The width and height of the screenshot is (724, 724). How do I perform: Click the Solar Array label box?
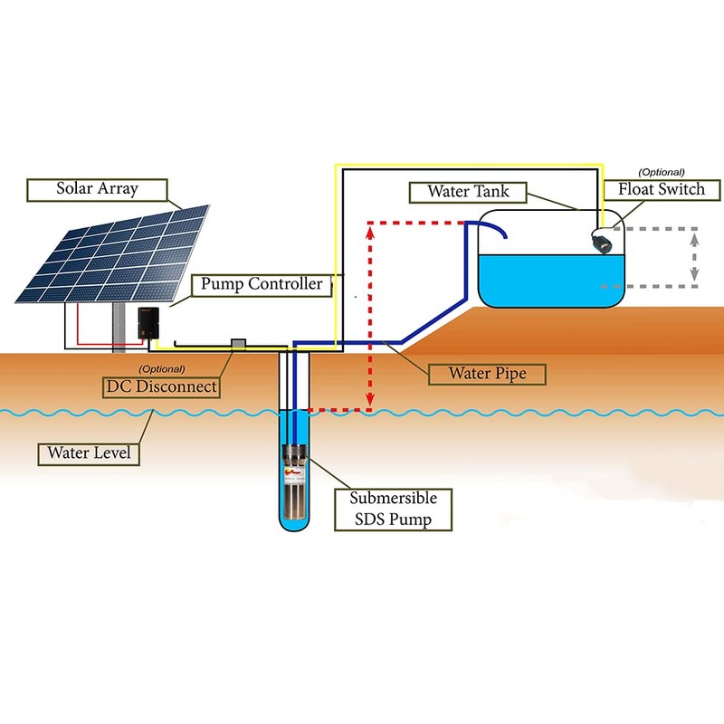pyautogui.click(x=97, y=190)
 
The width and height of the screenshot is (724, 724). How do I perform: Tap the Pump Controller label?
pyautogui.click(x=262, y=285)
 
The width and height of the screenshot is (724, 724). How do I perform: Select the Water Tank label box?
pyautogui.click(x=468, y=192)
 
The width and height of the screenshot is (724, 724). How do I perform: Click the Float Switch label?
pyautogui.click(x=662, y=190)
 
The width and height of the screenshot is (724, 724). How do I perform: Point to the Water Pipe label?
pyautogui.click(x=487, y=374)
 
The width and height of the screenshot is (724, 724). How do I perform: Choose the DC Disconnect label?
pyautogui.click(x=161, y=387)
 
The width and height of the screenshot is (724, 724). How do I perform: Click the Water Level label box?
pyautogui.click(x=89, y=454)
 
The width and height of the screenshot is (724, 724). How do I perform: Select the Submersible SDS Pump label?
pyautogui.click(x=393, y=510)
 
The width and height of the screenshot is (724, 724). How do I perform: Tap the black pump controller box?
pyautogui.click(x=148, y=323)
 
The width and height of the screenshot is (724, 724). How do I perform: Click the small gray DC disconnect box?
pyautogui.click(x=238, y=344)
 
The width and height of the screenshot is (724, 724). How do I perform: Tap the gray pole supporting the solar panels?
pyautogui.click(x=119, y=328)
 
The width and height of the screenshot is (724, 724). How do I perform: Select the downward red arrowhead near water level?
pyautogui.click(x=370, y=400)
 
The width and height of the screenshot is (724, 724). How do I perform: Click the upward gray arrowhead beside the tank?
pyautogui.click(x=694, y=239)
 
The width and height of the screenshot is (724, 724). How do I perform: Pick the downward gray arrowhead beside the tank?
pyautogui.click(x=694, y=274)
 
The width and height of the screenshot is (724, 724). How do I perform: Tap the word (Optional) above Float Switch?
pyautogui.click(x=662, y=173)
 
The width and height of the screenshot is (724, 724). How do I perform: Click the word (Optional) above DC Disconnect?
pyautogui.click(x=162, y=369)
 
